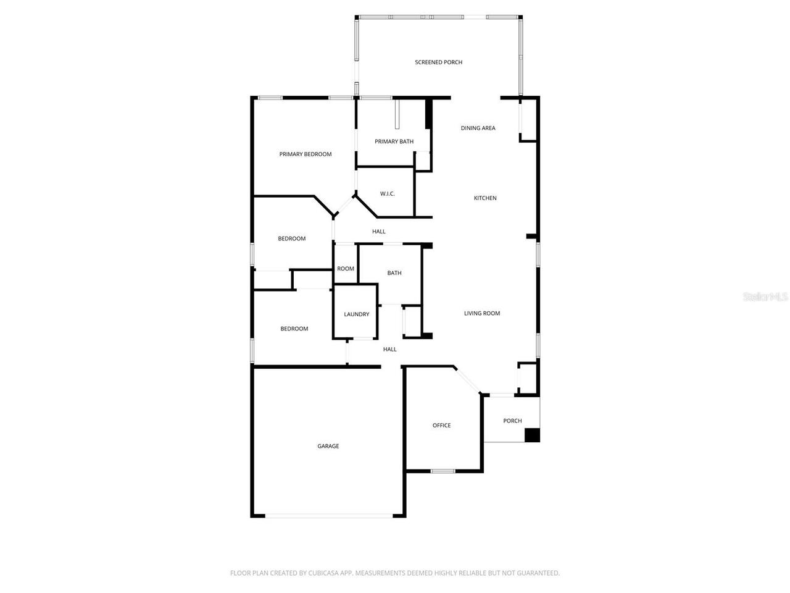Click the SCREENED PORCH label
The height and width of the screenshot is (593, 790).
click(x=438, y=62)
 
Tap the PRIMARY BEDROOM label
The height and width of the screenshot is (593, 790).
click(x=306, y=154)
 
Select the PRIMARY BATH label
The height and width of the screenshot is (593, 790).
click(x=394, y=141)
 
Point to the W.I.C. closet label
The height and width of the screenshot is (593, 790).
click(x=387, y=194)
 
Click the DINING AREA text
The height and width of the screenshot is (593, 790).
click(x=478, y=128)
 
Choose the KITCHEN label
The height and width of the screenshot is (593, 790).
click(x=485, y=198)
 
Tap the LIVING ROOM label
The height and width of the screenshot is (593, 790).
click(x=482, y=313)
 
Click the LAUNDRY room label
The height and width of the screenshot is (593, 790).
click(x=356, y=314)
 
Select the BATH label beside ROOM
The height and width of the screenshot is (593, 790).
click(x=394, y=273)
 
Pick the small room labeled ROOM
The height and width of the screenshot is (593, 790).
click(x=346, y=269)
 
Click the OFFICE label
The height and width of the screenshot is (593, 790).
click(x=441, y=426)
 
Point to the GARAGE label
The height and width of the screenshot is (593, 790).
click(x=328, y=446)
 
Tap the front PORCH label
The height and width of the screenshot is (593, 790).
click(x=512, y=421)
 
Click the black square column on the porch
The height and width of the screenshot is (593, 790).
click(x=532, y=435)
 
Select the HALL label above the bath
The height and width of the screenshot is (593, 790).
click(x=378, y=232)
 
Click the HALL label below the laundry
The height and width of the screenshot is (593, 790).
click(x=389, y=350)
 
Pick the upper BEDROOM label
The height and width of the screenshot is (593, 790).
click(x=291, y=239)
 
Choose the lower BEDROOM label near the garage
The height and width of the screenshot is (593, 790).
click(x=294, y=329)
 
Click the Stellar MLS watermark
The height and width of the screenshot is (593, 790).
click(x=765, y=297)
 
